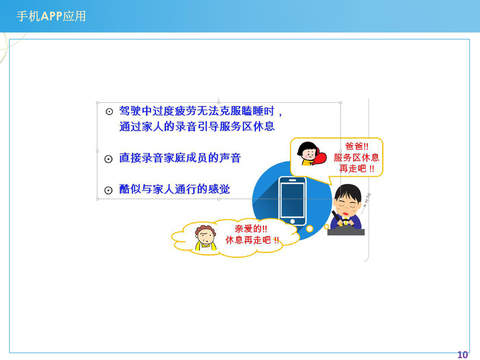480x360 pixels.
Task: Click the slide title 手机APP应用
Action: click(x=51, y=16)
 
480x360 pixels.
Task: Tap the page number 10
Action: click(x=462, y=354)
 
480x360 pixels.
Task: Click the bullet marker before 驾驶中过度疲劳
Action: click(x=109, y=112)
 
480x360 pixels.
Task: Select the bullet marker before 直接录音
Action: click(x=108, y=159)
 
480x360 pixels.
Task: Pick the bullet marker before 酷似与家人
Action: click(x=108, y=190)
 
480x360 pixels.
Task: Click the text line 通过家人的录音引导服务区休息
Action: click(x=197, y=126)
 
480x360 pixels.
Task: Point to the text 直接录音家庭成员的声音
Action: click(x=180, y=158)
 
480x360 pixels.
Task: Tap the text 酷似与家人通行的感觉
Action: click(x=174, y=189)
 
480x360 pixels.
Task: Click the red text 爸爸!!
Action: click(x=357, y=146)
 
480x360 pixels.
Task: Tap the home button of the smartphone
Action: click(x=292, y=221)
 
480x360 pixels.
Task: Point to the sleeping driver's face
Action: click(x=347, y=206)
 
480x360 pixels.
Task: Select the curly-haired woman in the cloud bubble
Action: click(x=206, y=238)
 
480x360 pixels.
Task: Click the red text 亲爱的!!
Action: click(x=251, y=229)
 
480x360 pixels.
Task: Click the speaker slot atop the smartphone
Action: click(x=292, y=180)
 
